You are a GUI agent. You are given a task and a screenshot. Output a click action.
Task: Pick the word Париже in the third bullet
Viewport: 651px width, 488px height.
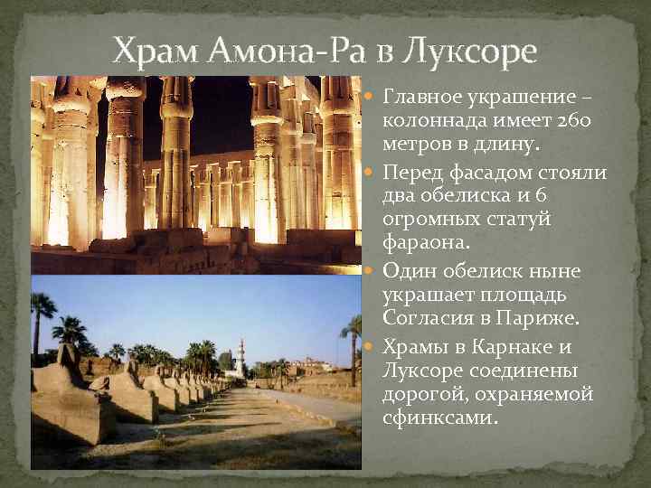[x=539, y=320]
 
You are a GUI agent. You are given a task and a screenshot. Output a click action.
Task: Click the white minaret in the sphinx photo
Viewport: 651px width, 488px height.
[x=241, y=357]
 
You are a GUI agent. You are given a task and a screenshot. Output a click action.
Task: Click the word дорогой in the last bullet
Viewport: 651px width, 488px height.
[x=423, y=395]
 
